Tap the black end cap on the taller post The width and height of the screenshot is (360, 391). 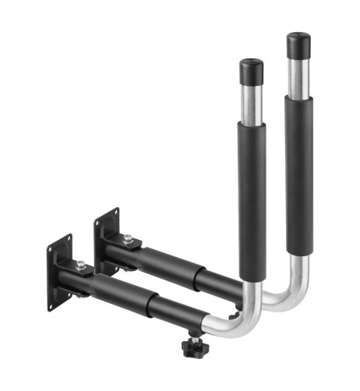(298, 45)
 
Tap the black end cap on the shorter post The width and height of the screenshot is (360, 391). (251, 71)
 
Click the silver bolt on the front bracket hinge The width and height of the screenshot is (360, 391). (80, 265)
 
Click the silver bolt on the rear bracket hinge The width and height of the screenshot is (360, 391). (127, 238)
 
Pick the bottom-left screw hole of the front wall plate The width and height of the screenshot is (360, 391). (51, 305)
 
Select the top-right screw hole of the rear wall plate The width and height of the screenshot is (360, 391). (115, 213)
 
